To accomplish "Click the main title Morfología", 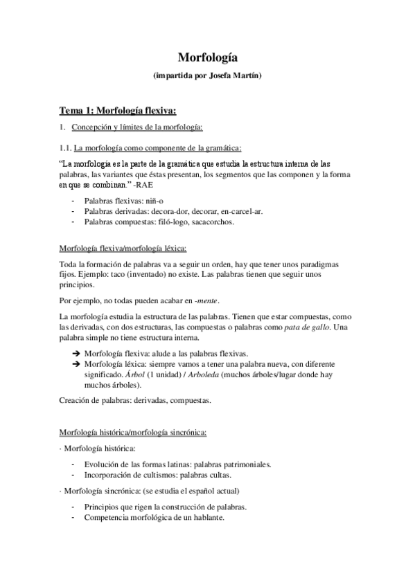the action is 207,58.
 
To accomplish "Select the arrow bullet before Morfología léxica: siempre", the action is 75,364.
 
